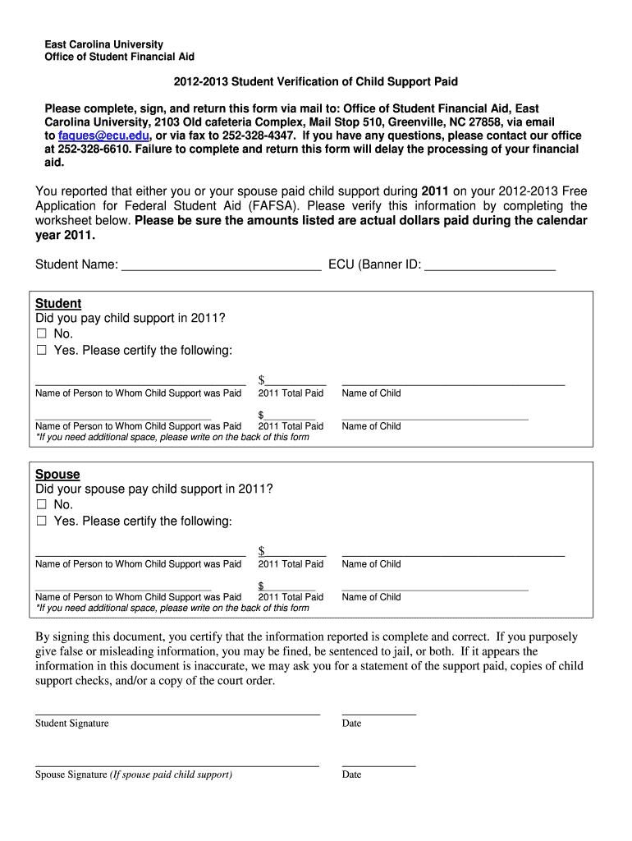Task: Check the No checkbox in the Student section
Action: click(42, 334)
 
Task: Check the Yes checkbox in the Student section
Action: click(42, 351)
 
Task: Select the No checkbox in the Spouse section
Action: click(42, 505)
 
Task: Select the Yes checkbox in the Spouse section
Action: click(42, 522)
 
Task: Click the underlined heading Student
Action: click(58, 303)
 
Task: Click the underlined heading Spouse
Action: click(57, 474)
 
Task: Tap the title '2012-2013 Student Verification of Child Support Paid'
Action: click(315, 82)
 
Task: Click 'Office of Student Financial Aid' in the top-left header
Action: click(119, 57)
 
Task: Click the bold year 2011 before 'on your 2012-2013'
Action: click(435, 191)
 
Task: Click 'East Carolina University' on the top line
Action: click(103, 44)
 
